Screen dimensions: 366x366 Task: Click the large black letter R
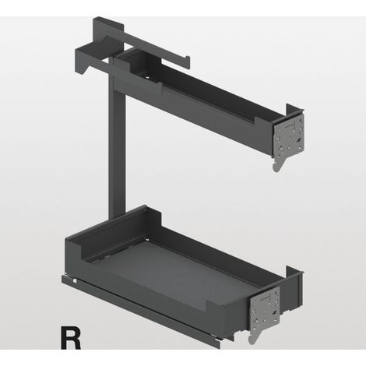pos(70,338)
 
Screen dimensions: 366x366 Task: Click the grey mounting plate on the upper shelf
pos(289,136)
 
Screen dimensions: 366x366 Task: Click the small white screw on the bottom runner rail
pos(75,280)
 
